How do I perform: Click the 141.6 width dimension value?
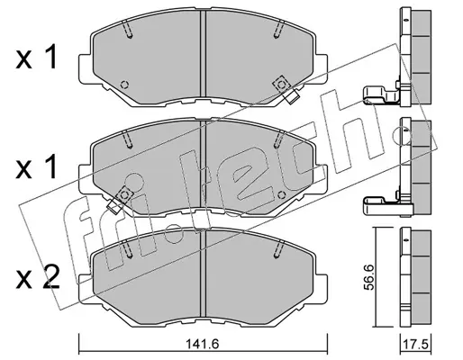[x=203, y=344]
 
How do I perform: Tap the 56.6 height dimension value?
[x=369, y=277]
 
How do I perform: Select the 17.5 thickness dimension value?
[x=417, y=344]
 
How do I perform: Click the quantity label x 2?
[x=37, y=279]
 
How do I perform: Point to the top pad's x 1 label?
[x=36, y=57]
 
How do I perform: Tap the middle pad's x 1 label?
[x=36, y=166]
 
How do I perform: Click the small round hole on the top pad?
[x=124, y=85]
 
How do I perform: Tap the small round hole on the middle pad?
[x=281, y=195]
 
